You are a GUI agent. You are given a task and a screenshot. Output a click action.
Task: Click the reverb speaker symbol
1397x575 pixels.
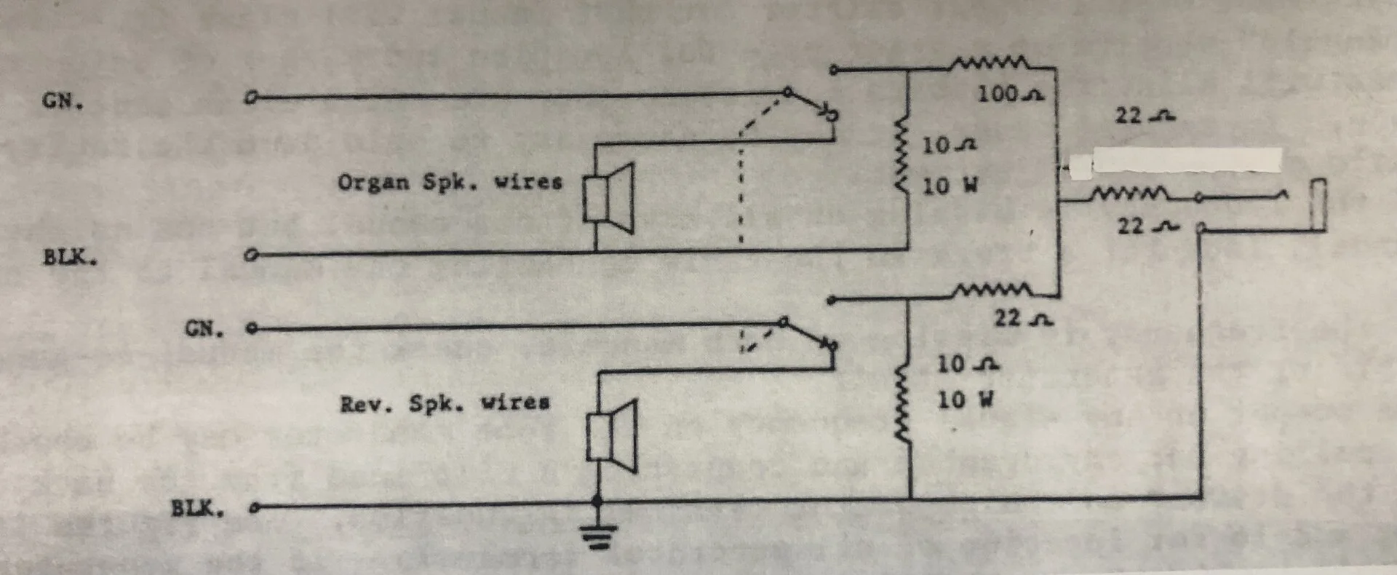[612, 436]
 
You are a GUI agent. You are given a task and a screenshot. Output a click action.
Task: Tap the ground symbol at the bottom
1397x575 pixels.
[598, 538]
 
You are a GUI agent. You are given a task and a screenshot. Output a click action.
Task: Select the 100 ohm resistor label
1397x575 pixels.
[1009, 95]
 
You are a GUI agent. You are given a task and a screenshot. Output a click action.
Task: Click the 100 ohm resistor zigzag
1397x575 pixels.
[989, 63]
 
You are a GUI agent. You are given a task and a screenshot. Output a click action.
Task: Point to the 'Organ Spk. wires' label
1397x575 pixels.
[450, 182]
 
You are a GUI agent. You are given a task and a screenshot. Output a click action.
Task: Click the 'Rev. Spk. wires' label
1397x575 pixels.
[445, 403]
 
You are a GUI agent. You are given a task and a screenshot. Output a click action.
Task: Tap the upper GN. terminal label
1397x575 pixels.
[63, 100]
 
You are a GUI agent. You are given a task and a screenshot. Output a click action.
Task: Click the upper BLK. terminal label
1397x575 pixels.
[69, 257]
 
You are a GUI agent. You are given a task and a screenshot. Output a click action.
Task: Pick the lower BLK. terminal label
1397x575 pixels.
[197, 508]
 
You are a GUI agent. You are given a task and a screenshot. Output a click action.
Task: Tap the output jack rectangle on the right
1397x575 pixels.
[1318, 205]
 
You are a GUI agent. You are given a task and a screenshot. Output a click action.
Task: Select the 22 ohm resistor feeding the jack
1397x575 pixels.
[1129, 194]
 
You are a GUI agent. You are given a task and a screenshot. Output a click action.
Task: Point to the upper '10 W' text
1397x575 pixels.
[950, 186]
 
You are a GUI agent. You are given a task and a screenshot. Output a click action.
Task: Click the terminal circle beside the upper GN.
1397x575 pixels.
[251, 98]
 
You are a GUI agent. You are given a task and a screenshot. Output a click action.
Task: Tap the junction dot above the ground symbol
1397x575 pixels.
[597, 501]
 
